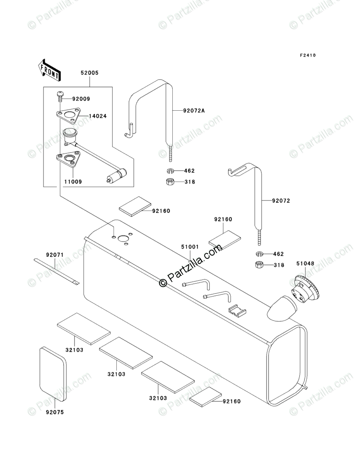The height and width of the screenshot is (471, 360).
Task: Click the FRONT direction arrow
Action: click(50, 69)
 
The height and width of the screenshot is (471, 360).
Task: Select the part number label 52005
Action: click(89, 73)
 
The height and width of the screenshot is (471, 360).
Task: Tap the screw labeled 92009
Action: click(60, 96)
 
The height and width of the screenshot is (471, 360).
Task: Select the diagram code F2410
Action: click(307, 55)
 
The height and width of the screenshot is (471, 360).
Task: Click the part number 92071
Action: click(55, 255)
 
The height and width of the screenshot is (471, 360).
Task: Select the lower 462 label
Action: click(278, 254)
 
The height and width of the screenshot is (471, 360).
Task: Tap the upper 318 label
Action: click(189, 182)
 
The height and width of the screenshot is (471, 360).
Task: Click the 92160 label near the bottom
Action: click(231, 401)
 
